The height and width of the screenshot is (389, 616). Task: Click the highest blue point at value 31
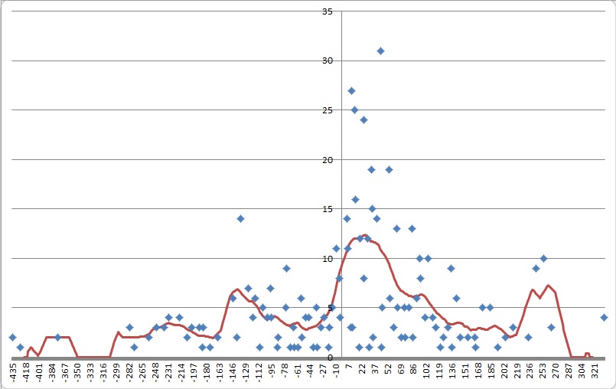(x=380, y=51)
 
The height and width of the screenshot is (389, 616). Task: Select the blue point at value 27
(x=351, y=90)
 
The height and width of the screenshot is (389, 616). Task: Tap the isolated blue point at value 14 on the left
(x=240, y=218)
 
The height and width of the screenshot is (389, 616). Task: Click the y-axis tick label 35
(x=328, y=11)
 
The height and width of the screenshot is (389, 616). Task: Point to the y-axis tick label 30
(x=328, y=61)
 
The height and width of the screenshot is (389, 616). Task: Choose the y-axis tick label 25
(x=328, y=110)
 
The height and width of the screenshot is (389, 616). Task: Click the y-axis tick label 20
(x=328, y=160)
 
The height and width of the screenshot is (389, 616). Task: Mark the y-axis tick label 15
(x=328, y=209)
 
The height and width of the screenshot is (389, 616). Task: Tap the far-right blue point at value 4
(x=604, y=317)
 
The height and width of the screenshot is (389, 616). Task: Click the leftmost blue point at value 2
(x=12, y=337)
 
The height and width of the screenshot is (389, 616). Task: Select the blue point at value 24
(x=363, y=119)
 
